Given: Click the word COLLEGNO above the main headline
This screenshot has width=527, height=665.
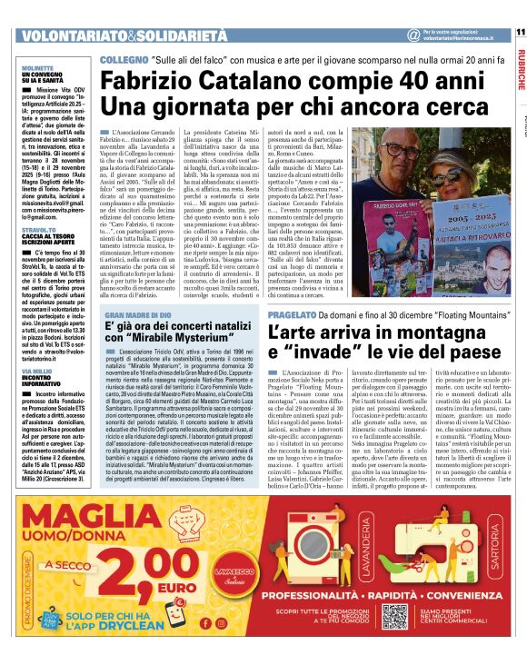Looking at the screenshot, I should pos(124,58).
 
